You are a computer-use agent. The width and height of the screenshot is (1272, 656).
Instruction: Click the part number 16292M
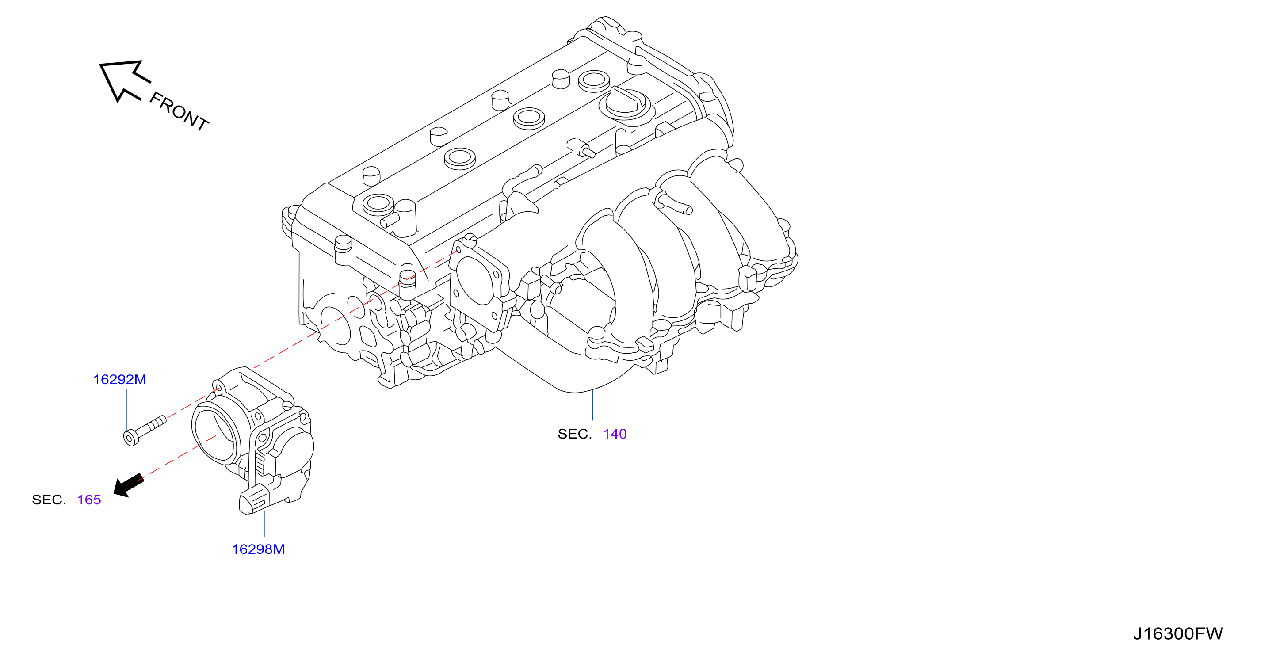pyautogui.click(x=120, y=380)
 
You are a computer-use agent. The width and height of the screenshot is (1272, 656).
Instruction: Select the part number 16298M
pyautogui.click(x=258, y=549)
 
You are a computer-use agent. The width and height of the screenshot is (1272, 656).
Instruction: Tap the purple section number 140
pyautogui.click(x=615, y=434)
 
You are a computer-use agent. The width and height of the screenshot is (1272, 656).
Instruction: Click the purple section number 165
pyautogui.click(x=89, y=500)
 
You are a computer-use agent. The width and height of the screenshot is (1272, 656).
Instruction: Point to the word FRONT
pyautogui.click(x=179, y=111)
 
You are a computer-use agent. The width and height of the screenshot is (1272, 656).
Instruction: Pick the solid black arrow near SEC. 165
pyautogui.click(x=128, y=485)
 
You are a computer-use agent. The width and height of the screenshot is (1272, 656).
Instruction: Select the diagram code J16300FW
pyautogui.click(x=1178, y=633)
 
